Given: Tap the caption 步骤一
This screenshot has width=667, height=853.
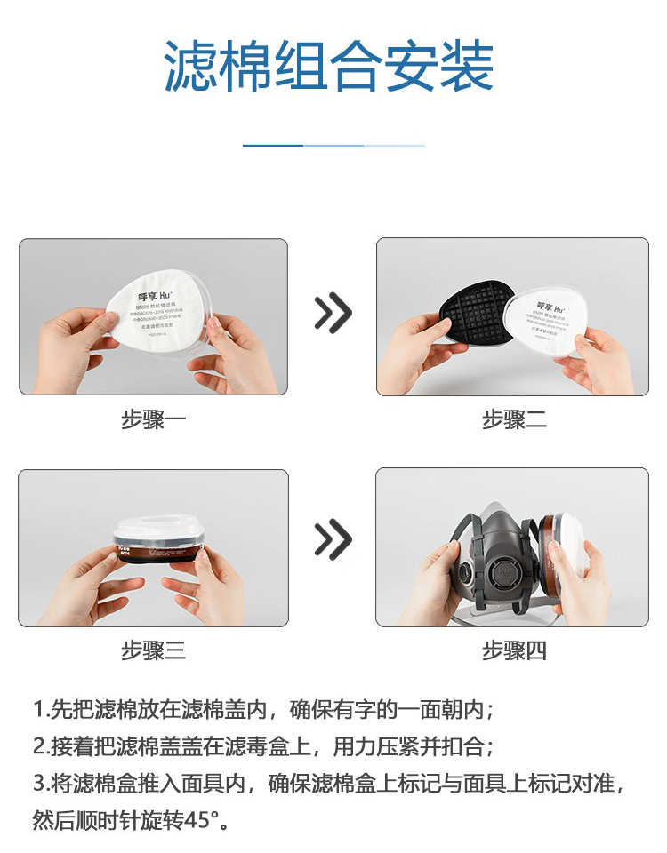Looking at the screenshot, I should point(153,419).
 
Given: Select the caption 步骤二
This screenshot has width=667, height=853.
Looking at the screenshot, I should point(514,419).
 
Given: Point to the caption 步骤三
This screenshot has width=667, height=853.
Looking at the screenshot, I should point(153,650).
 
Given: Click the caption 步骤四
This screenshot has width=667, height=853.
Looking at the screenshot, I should point(514,650).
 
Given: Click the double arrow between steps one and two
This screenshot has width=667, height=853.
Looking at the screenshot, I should point(333,313).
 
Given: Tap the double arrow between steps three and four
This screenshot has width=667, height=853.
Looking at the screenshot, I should point(333,540).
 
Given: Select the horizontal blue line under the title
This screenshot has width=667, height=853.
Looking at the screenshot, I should point(333,146).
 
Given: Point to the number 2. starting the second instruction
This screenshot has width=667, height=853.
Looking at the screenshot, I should point(40,747).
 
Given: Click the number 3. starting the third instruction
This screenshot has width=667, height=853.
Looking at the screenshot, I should point(40,784).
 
